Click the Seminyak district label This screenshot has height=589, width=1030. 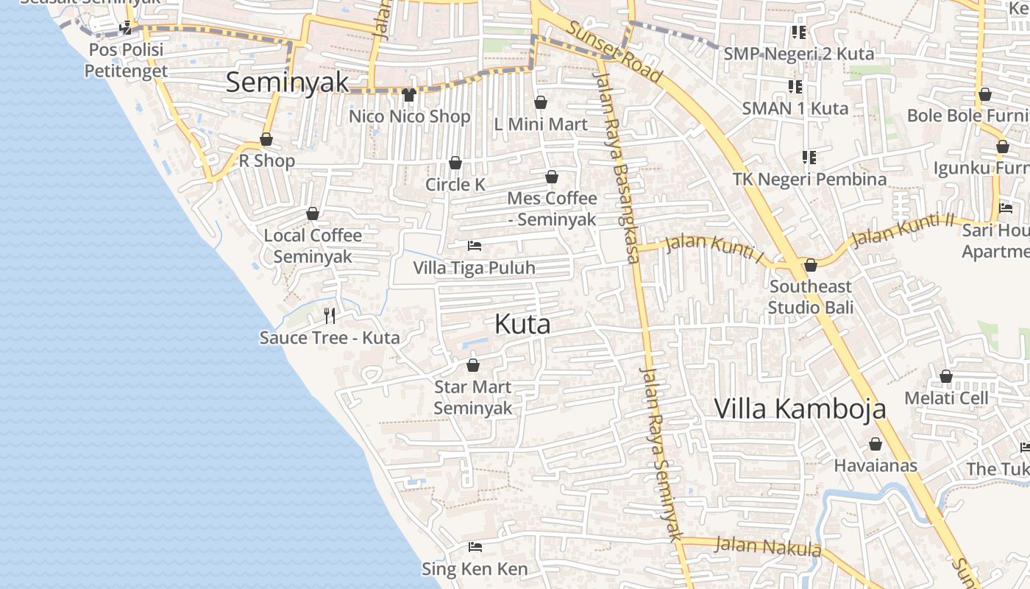(287, 82)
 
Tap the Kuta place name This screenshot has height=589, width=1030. (522, 324)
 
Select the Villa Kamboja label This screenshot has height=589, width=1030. (800, 409)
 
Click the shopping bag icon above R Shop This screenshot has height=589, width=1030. (266, 139)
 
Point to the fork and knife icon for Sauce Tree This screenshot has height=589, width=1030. (330, 316)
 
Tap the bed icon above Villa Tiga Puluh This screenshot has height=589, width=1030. (475, 245)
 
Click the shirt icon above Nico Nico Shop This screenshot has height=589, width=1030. (409, 94)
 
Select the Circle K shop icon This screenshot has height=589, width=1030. (455, 163)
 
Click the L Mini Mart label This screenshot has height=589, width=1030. (541, 124)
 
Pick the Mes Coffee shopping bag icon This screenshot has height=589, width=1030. (552, 177)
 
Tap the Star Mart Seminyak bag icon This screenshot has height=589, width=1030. (473, 365)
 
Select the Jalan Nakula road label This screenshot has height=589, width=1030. (767, 546)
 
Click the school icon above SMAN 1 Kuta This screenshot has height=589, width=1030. (795, 87)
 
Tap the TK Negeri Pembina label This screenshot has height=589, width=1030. (809, 179)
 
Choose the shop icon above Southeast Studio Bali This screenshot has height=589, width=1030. (811, 265)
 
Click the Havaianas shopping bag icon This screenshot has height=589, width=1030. (876, 444)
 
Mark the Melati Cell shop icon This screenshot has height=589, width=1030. (946, 376)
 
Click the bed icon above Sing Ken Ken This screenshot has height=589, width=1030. (475, 547)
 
